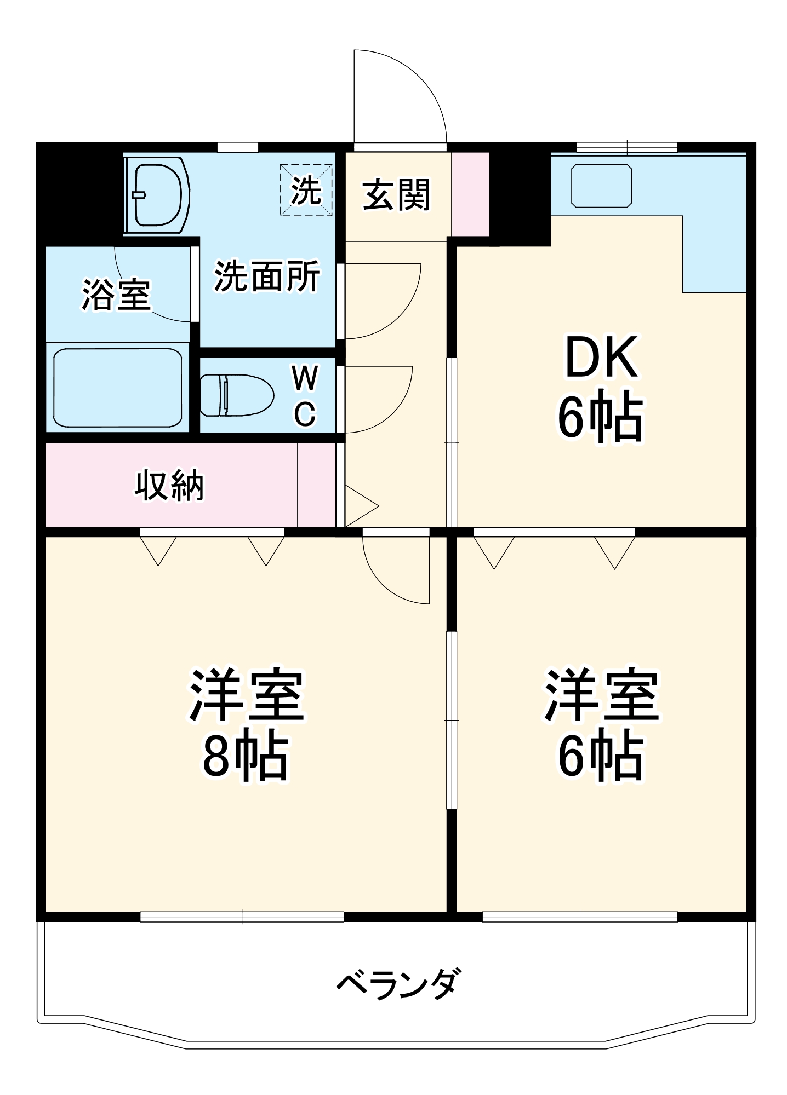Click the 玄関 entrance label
pyautogui.click(x=396, y=195)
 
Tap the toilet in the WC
pyautogui.click(x=237, y=395)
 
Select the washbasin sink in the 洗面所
pyautogui.click(x=157, y=195)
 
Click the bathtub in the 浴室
pyautogui.click(x=117, y=387)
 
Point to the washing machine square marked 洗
pyautogui.click(x=306, y=190)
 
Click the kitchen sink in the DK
pyautogui.click(x=601, y=186)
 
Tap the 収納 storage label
pyautogui.click(x=169, y=485)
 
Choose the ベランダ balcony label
pyautogui.click(x=398, y=984)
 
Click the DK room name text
pyautogui.click(x=601, y=358)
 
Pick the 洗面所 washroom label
pyautogui.click(x=267, y=276)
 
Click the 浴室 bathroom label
pyautogui.click(x=116, y=295)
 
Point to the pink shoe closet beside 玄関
pyautogui.click(x=470, y=194)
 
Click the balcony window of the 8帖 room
pyautogui.click(x=242, y=917)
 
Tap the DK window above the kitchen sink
pyautogui.click(x=627, y=147)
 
